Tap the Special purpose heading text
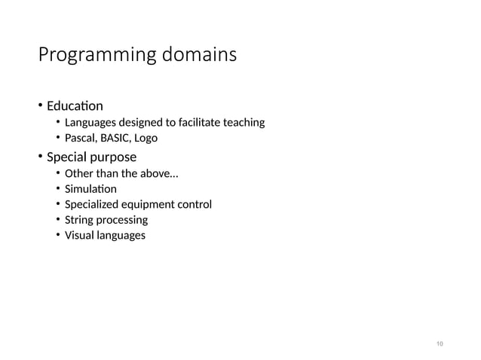point(91,157)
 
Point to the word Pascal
point(81,138)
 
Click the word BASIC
point(115,138)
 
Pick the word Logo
point(146,138)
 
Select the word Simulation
point(90,189)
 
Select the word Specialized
point(93,205)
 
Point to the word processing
point(122,220)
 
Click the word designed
point(139,122)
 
